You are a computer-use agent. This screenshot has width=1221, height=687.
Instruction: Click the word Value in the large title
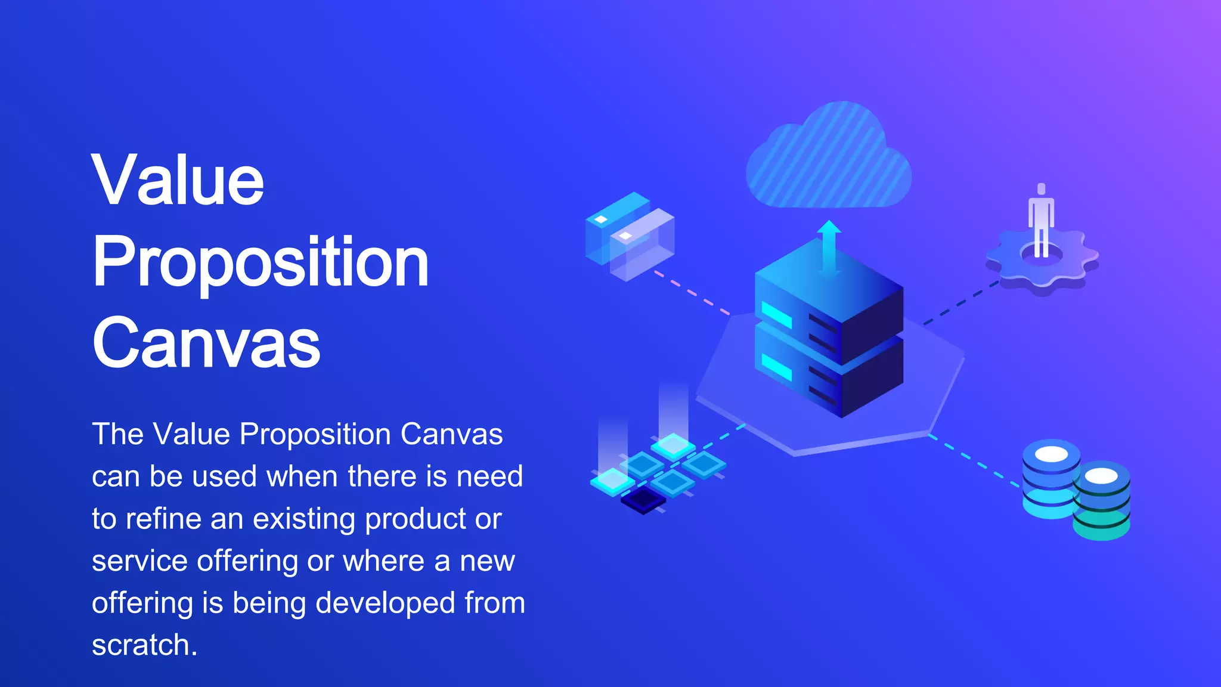point(178,180)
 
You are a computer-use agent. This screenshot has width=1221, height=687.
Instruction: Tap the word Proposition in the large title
point(261,262)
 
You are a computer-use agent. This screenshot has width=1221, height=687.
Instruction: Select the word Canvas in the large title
point(206,343)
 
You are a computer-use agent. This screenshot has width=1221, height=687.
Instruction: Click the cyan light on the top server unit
point(776,314)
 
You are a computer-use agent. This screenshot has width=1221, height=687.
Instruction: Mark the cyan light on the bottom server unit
point(776,366)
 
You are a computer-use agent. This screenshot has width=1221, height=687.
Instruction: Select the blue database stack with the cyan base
point(1050,480)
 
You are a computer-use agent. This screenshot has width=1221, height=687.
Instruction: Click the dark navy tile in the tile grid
point(643,500)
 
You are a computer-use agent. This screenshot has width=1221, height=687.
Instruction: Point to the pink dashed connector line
point(692,292)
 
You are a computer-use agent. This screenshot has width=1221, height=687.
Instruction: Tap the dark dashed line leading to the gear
point(961,303)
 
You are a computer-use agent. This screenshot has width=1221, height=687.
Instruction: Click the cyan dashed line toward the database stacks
point(974,462)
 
